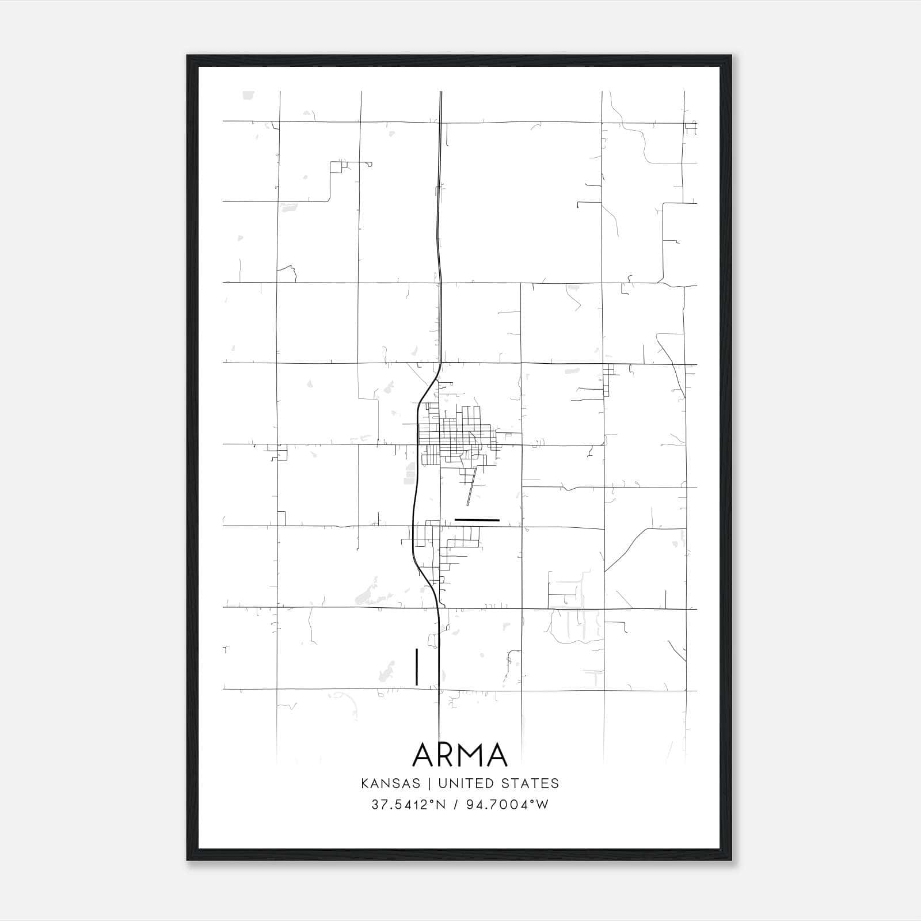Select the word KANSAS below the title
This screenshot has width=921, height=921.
(390, 783)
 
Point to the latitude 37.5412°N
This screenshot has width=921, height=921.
(408, 805)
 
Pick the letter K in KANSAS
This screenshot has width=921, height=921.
(365, 783)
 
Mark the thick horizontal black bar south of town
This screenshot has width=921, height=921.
(477, 520)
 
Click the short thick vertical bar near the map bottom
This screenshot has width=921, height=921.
(416, 667)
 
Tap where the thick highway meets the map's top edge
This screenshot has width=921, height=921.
(441, 92)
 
